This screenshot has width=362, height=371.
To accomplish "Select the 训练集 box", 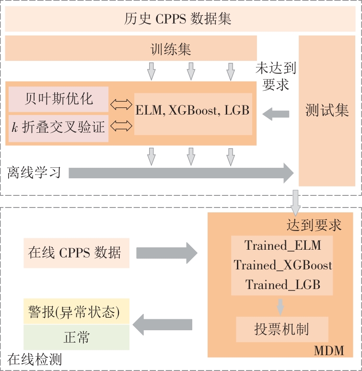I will pos(130,48).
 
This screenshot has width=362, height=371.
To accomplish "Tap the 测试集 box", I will pos(327,111).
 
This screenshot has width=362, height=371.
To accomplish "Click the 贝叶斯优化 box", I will pos(59,99).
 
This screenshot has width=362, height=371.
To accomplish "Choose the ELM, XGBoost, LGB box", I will pos(193,111).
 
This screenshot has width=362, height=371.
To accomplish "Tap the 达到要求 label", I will pos(314,225).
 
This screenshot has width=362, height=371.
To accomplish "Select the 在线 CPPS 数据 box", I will pos(76,253).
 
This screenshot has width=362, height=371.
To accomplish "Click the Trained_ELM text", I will pos(282,246).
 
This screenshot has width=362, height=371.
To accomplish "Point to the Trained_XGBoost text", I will pos(282,265).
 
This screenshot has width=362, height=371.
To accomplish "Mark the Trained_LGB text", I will pos(282,285).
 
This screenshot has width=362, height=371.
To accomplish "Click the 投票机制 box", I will pos(282,329).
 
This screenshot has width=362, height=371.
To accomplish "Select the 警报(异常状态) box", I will pos(76,313).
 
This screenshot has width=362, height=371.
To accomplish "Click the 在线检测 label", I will pos(35,359).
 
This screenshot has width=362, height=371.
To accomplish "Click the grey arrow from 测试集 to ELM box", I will pos(276,114).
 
